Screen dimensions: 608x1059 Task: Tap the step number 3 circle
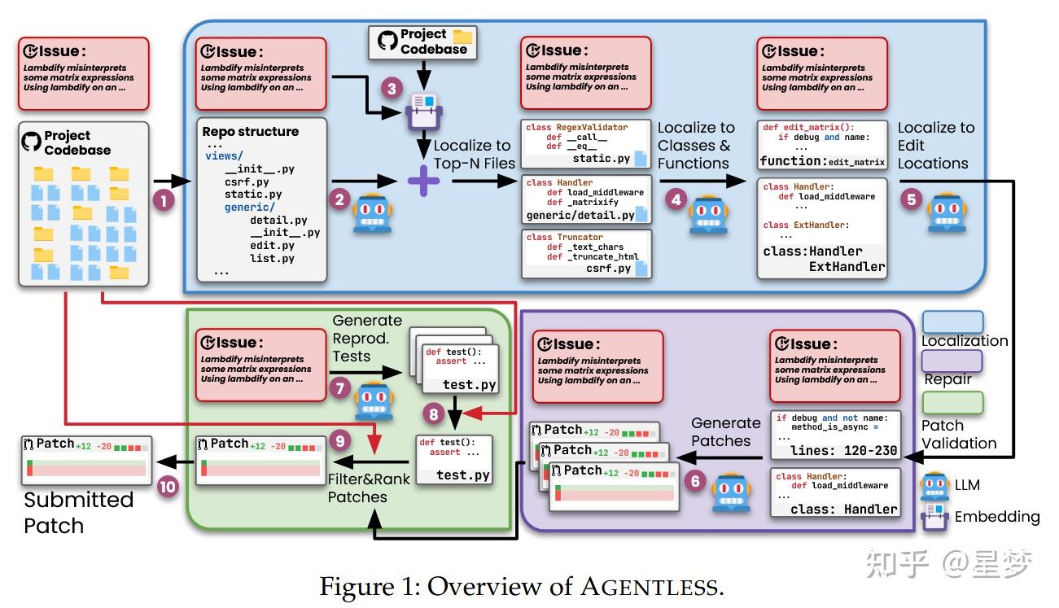coord(394,88)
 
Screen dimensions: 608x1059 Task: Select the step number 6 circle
coord(694,481)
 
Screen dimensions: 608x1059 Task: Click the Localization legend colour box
coord(952,322)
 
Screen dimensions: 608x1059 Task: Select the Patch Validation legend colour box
coord(952,402)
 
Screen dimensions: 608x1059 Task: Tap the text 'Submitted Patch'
coord(78,513)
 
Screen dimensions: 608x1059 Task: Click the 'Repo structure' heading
coord(251,132)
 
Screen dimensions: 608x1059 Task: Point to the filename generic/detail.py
coord(580,216)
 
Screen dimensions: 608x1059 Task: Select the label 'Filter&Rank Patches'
coord(358,487)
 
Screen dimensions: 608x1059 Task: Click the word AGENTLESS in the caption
coord(652,586)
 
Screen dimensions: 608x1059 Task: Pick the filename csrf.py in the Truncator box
coord(609,268)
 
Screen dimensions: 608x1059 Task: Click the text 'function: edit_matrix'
coord(822,161)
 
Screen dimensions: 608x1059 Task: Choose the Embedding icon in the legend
coord(934,516)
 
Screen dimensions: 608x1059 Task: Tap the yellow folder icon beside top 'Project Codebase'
coord(462,37)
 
